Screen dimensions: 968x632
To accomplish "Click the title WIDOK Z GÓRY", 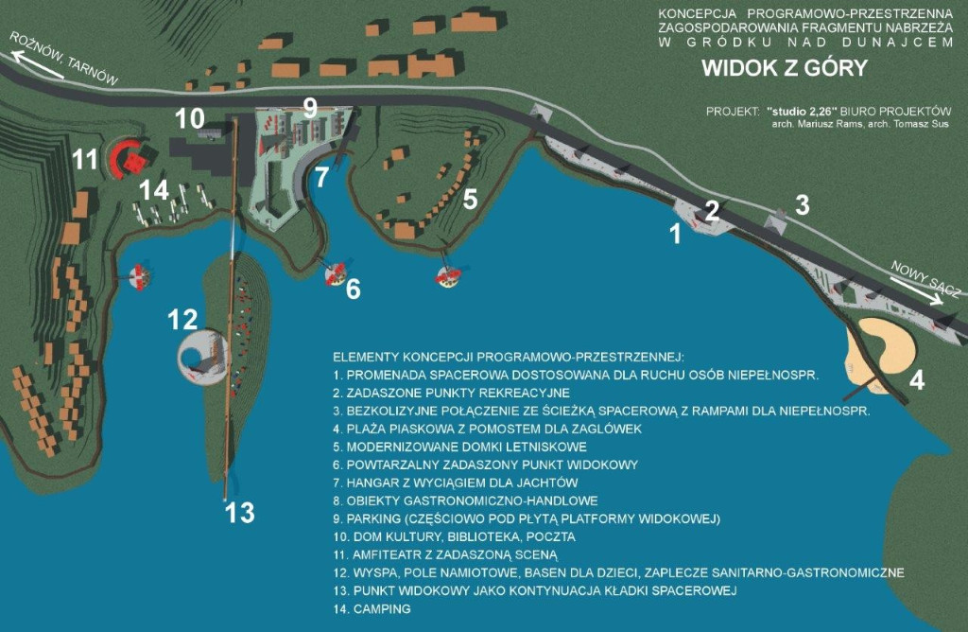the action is pos(785,68).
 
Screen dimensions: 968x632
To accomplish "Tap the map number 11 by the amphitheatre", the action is pos(85,159).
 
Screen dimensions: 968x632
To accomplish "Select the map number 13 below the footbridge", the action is pos(239,513).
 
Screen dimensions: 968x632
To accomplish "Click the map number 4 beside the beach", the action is pos(917,380).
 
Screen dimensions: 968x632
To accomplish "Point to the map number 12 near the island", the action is pos(182,320).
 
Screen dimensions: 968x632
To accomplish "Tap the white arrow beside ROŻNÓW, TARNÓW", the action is pos(37,65).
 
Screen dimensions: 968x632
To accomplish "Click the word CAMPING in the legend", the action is pos(382,609).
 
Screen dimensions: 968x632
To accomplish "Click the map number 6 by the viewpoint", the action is pos(354,289).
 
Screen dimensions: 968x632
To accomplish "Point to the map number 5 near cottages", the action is pos(470,200).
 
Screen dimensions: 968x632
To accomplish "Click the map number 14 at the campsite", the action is pos(154,190).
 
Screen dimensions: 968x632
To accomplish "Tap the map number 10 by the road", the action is pos(189,118).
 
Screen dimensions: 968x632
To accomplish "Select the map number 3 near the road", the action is pos(802,205).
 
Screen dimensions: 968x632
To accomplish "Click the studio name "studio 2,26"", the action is pos(802,112).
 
